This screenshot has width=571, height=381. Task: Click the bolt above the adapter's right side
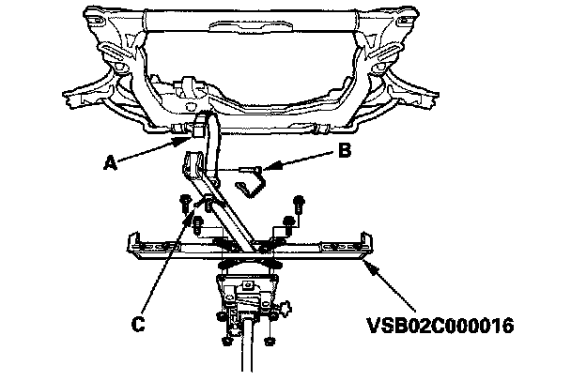299,203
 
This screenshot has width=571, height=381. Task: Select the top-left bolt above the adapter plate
186,204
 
